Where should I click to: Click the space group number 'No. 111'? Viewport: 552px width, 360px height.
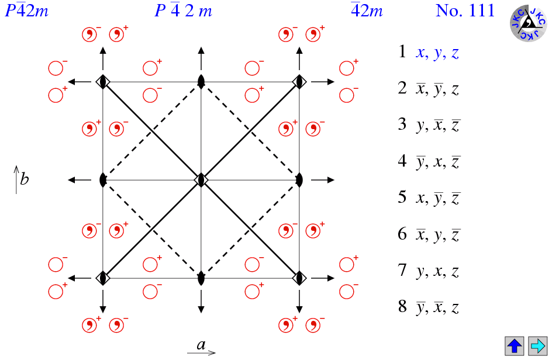(465, 11)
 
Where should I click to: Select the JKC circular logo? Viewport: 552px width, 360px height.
(529, 23)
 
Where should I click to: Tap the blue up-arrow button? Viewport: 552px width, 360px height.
(515, 346)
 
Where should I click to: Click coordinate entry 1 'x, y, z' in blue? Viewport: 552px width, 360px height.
(437, 53)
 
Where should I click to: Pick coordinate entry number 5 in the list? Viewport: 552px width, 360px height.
(429, 198)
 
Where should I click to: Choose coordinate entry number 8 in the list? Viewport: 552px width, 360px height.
(429, 307)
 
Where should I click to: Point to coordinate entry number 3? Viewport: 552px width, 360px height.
(429, 125)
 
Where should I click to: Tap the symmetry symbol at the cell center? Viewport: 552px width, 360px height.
(201, 180)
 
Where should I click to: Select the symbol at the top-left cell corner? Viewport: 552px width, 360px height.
(103, 82)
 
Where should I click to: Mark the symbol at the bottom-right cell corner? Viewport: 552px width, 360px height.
(299, 278)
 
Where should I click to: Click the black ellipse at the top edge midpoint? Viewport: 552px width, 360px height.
(201, 82)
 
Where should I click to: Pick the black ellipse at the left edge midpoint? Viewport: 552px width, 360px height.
(103, 180)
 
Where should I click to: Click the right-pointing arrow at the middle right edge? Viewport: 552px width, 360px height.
(322, 180)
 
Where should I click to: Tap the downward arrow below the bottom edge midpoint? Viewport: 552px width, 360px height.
(201, 302)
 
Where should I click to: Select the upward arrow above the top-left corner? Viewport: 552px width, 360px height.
(103, 58)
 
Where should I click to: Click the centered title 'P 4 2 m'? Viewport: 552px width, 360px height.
(184, 11)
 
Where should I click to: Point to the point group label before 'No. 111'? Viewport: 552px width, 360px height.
(367, 11)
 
